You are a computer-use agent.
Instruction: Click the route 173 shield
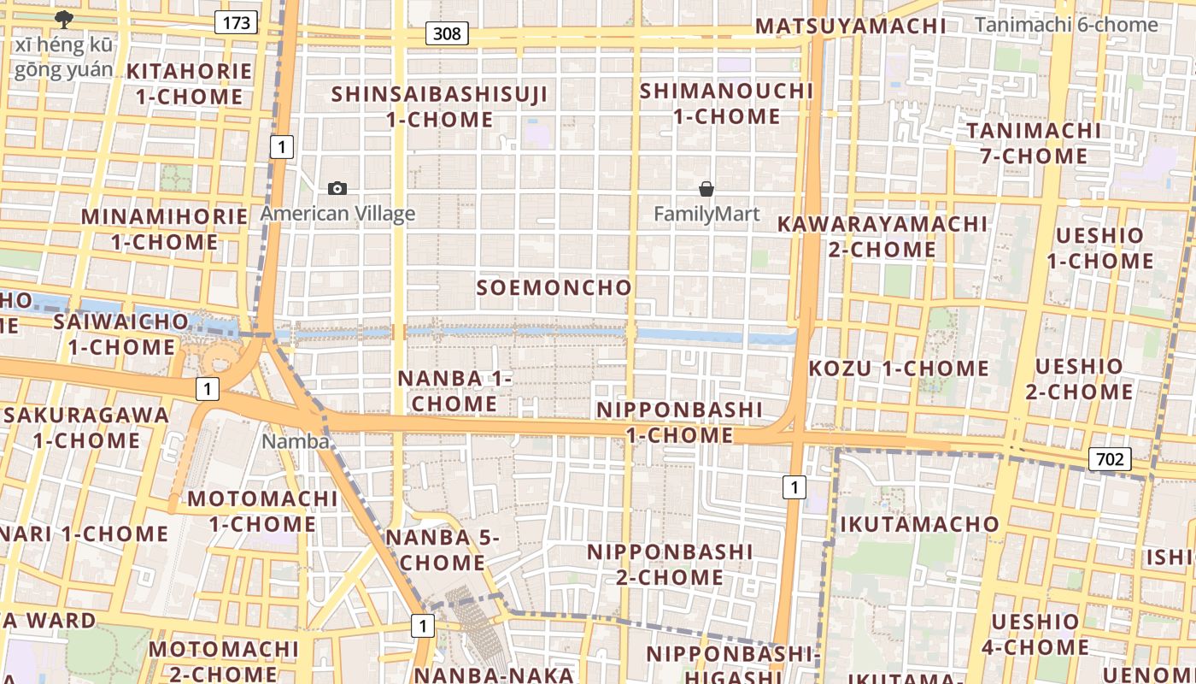click(236, 22)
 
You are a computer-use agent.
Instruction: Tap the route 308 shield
click(447, 33)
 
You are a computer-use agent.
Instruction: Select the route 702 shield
click(1110, 459)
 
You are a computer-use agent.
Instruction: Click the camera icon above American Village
click(337, 188)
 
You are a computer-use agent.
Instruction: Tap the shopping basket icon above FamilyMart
click(706, 188)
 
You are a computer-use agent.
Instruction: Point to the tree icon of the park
click(63, 19)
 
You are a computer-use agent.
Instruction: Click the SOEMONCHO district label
click(554, 287)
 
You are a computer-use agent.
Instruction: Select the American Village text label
click(337, 214)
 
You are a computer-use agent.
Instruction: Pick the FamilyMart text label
click(706, 214)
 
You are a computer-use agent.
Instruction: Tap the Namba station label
click(296, 441)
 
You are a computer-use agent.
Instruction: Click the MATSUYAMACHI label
click(851, 27)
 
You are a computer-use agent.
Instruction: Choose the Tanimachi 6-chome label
click(1066, 25)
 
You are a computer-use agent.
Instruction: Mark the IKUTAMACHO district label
click(919, 524)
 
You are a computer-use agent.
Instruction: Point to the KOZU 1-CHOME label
click(899, 369)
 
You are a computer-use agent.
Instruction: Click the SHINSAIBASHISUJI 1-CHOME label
click(440, 106)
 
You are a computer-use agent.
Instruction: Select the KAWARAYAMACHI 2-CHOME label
click(882, 237)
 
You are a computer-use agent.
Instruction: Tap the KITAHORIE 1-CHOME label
click(190, 83)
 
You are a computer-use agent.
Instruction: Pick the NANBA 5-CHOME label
click(442, 550)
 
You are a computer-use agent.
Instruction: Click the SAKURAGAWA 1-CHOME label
click(86, 427)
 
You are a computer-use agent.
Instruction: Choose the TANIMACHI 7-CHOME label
click(1034, 143)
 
